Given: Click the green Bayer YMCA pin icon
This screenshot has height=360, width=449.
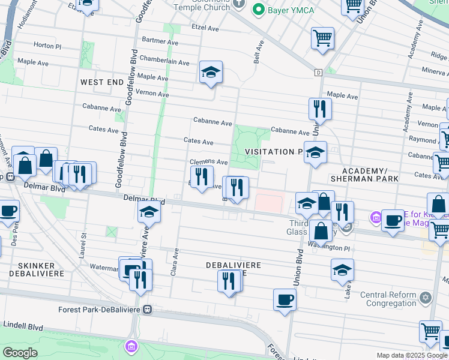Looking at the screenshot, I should pyautogui.click(x=259, y=10).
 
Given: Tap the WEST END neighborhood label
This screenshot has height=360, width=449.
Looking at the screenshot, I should pyautogui.click(x=101, y=82).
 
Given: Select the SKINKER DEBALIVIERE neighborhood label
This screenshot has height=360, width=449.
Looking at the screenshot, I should pyautogui.click(x=32, y=269).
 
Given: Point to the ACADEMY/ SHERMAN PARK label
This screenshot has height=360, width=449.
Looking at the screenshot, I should pyautogui.click(x=360, y=175).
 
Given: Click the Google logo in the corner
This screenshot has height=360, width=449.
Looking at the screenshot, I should pyautogui.click(x=19, y=352).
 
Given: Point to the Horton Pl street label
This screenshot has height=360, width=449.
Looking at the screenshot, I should pyautogui.click(x=47, y=46).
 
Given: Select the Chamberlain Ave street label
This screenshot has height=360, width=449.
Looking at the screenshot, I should pyautogui.click(x=164, y=59).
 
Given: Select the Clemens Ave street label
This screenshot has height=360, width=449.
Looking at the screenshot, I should pyautogui.click(x=208, y=162).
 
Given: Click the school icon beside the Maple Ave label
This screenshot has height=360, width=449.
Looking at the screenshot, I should pyautogui.click(x=211, y=73).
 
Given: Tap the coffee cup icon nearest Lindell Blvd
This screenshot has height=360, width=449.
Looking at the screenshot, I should pyautogui.click(x=285, y=299).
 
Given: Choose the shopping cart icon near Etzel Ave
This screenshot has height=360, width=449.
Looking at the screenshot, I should pyautogui.click(x=322, y=38).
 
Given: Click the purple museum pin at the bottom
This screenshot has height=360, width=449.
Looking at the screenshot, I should pyautogui.click(x=131, y=346).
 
